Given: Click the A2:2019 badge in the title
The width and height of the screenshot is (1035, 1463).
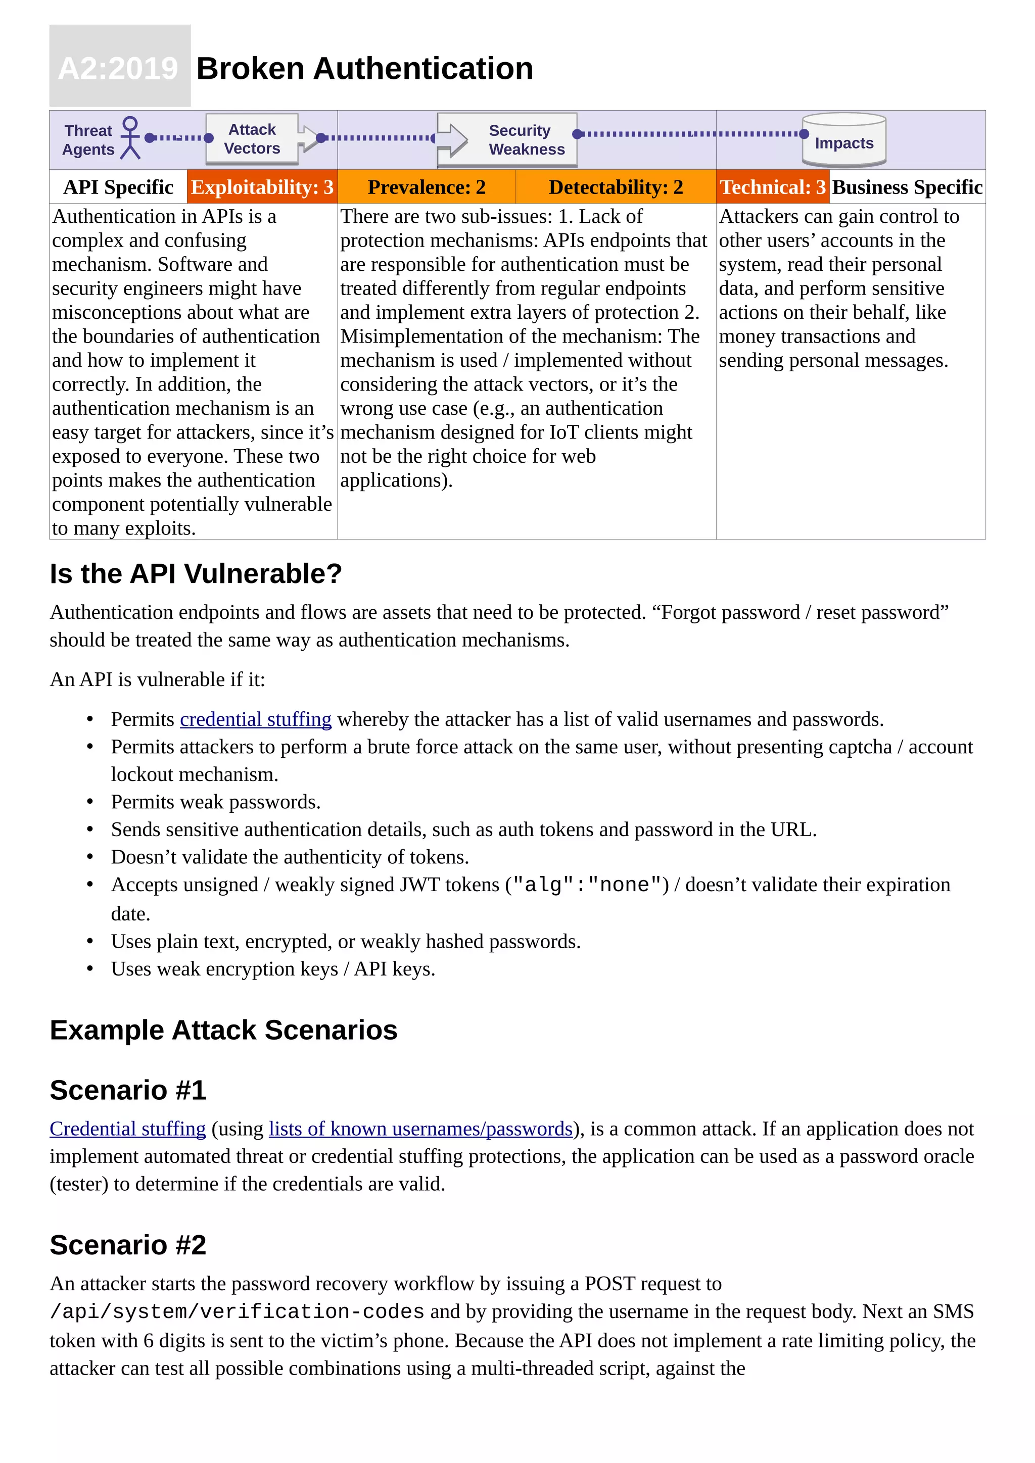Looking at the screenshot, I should click(x=120, y=67).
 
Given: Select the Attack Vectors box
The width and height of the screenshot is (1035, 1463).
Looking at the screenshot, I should click(x=252, y=139).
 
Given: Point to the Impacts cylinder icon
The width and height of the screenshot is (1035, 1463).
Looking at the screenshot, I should click(x=844, y=140).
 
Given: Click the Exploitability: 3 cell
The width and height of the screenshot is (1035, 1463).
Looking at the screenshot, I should click(x=262, y=187).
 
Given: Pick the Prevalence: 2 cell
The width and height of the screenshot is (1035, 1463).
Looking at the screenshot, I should click(x=427, y=187).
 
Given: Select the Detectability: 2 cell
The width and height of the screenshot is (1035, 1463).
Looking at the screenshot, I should click(x=616, y=187).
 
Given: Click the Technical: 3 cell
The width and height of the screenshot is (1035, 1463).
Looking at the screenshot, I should click(x=772, y=187).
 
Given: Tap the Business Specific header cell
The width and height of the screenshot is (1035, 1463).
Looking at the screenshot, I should click(x=907, y=187).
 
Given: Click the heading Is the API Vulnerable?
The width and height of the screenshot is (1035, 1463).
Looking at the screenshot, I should click(x=196, y=573).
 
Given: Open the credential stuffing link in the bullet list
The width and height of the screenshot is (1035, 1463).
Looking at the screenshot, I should click(x=256, y=719).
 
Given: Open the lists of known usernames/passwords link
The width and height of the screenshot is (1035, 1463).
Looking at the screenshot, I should click(x=420, y=1129).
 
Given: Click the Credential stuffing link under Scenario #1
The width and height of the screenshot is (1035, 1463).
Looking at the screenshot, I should click(x=127, y=1129).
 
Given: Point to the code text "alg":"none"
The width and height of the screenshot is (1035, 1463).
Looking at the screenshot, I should click(x=587, y=885).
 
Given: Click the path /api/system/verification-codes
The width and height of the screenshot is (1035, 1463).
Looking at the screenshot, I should click(x=237, y=1312).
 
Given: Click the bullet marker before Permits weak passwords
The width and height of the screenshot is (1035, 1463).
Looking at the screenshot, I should click(x=90, y=802).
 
